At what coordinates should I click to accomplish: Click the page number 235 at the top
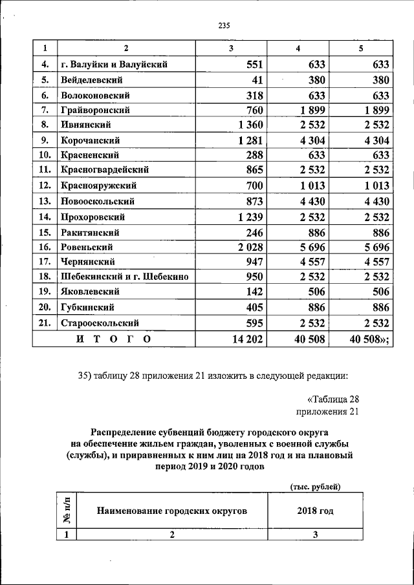click(224, 26)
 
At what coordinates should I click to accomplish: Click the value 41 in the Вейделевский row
click(255, 80)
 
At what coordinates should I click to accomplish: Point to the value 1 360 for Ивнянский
click(248, 125)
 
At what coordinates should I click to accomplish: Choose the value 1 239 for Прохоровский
click(248, 217)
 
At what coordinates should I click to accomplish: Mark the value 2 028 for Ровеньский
click(248, 247)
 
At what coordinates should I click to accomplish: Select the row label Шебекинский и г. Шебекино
click(124, 277)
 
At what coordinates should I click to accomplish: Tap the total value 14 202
click(246, 338)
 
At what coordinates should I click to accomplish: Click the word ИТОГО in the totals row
click(113, 338)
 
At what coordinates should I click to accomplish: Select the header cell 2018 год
click(315, 511)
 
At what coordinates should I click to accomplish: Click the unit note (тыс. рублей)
click(315, 486)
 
